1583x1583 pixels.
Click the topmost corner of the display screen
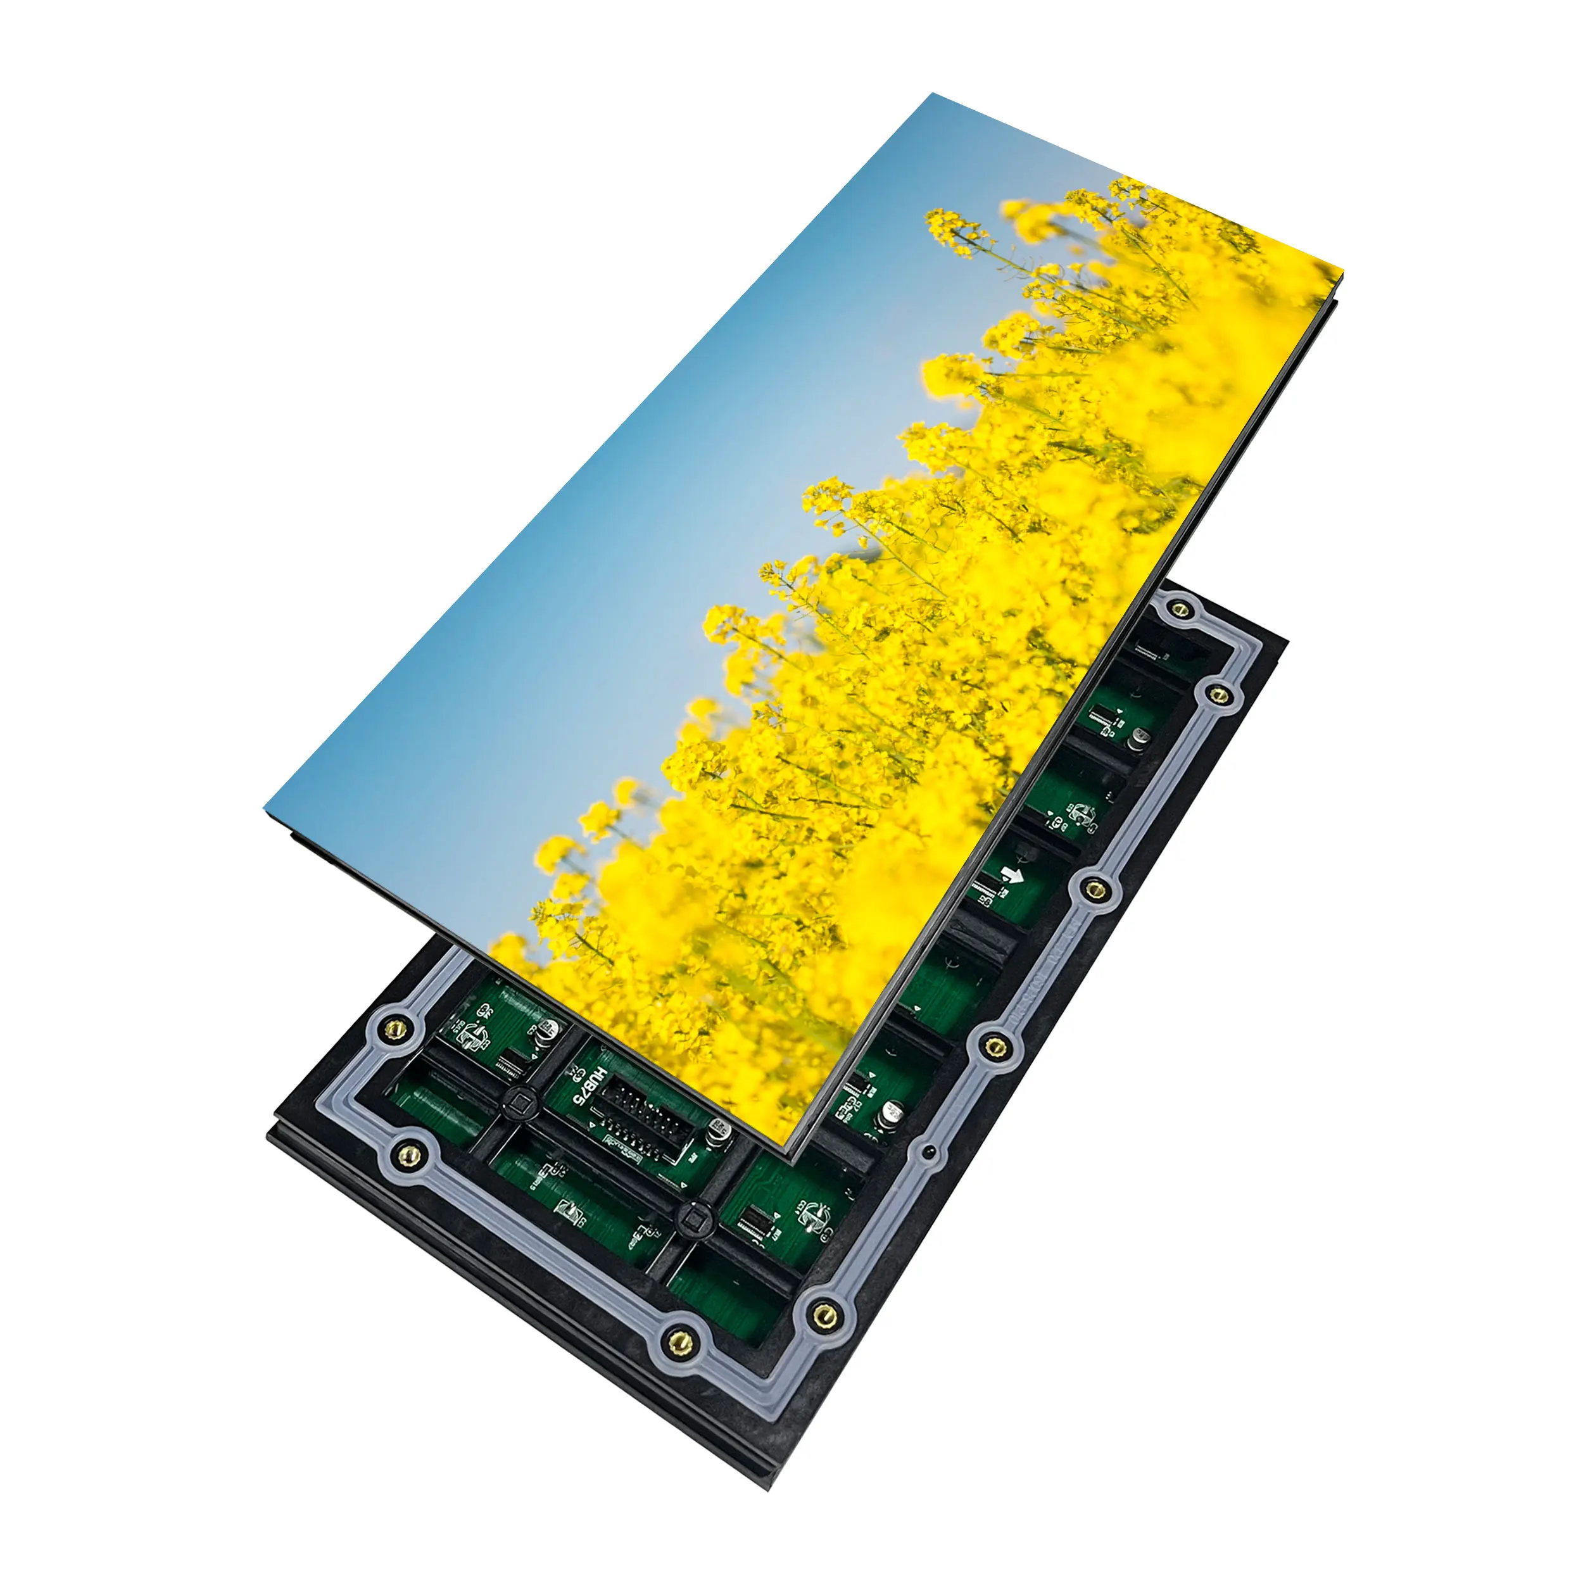click(x=931, y=94)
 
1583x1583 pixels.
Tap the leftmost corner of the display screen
click(x=264, y=809)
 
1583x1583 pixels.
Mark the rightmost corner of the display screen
click(x=1344, y=270)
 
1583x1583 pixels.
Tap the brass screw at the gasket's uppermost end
click(x=1180, y=609)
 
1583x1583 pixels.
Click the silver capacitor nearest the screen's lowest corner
click(x=892, y=1112)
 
